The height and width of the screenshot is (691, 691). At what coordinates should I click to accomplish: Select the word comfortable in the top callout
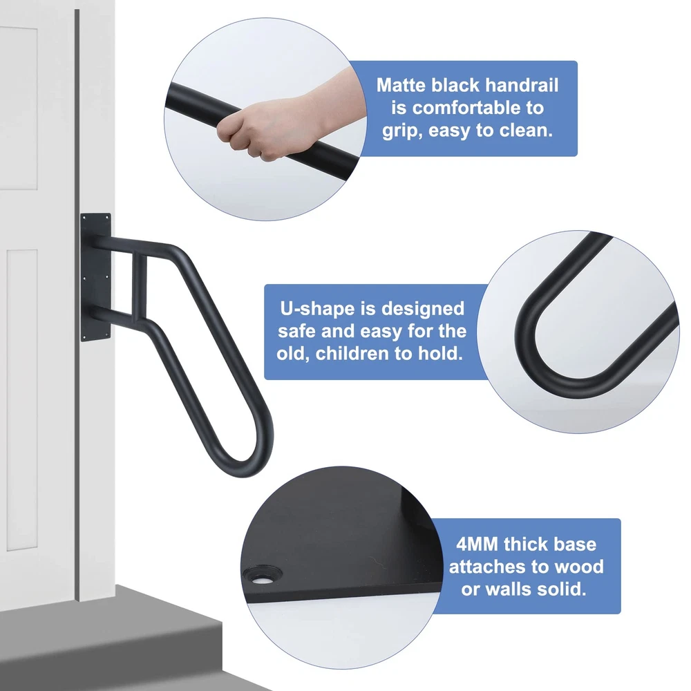click(x=466, y=108)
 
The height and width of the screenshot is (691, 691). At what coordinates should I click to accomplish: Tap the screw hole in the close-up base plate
click(x=263, y=576)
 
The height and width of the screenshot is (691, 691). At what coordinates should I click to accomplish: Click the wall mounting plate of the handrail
click(x=95, y=277)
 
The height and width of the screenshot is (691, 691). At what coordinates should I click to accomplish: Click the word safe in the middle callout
click(x=297, y=331)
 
